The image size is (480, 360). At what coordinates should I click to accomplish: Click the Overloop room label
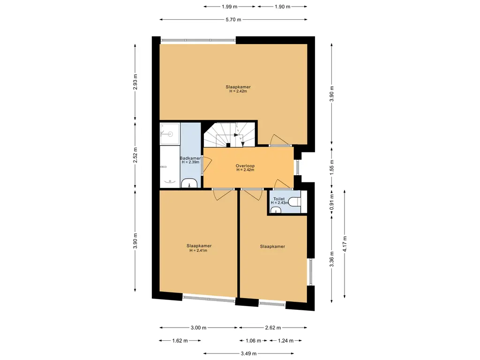245,166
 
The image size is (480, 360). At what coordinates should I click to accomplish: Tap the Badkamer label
190,158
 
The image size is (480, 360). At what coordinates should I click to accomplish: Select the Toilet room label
279,199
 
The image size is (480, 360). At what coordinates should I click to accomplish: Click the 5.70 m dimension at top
233,20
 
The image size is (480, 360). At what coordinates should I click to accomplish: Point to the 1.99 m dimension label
230,7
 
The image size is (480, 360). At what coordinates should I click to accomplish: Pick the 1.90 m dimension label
282,7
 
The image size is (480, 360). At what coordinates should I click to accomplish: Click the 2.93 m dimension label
135,82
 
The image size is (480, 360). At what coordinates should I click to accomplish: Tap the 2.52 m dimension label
135,155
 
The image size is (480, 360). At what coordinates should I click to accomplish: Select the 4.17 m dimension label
345,244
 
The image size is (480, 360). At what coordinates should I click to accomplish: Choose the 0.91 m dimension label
331,202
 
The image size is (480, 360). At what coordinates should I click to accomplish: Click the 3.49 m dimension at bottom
248,353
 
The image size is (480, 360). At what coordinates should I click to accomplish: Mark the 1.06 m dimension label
253,341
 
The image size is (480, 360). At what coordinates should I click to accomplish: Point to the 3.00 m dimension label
198,328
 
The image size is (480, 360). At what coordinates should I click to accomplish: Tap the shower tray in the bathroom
170,134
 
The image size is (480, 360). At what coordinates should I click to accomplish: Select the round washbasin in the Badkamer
190,183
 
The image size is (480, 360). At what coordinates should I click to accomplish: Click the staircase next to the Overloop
230,135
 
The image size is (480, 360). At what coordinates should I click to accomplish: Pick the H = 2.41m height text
198,250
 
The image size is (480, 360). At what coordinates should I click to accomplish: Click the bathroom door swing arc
207,165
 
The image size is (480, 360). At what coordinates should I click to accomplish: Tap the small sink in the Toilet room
276,210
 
